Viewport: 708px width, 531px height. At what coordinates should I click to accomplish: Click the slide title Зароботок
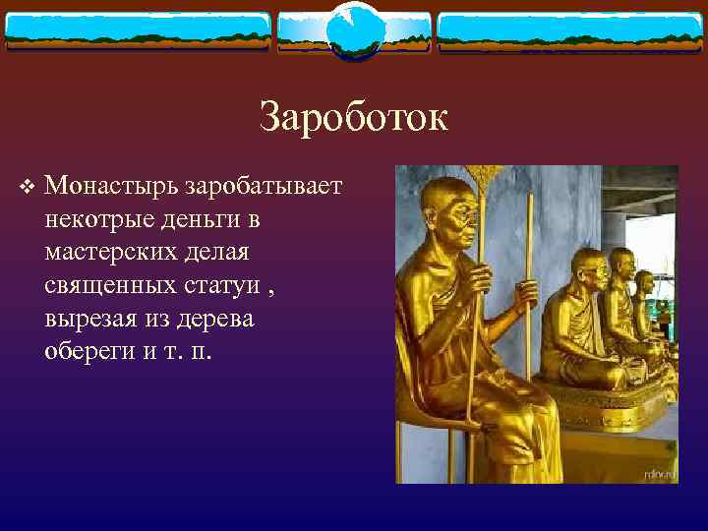354,118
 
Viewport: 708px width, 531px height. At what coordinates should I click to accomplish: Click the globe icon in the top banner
353,29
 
